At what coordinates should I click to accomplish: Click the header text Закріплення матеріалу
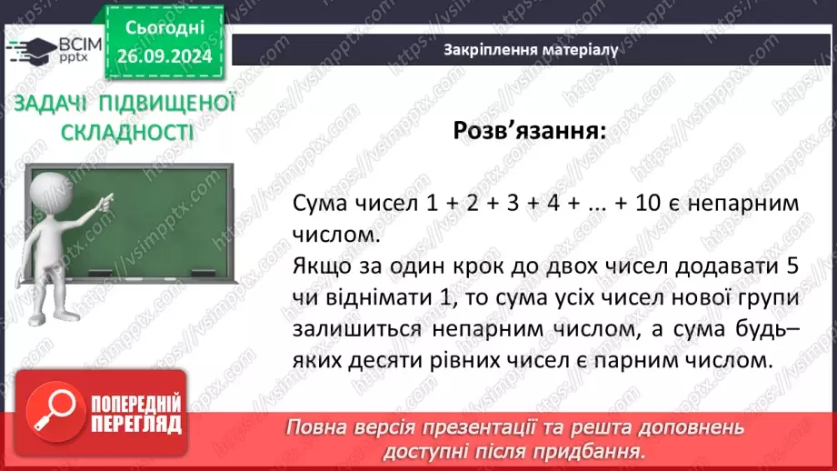point(531,50)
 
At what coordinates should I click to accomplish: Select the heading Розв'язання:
point(529,130)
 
